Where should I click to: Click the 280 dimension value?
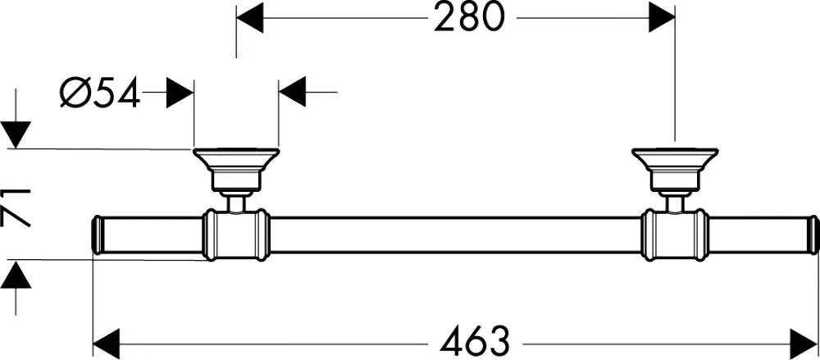point(468,18)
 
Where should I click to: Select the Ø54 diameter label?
point(100,92)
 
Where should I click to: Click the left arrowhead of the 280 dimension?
point(250,18)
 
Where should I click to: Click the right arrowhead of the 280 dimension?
point(662,18)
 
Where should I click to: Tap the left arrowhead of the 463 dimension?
point(107,344)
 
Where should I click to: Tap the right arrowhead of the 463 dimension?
point(804,344)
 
